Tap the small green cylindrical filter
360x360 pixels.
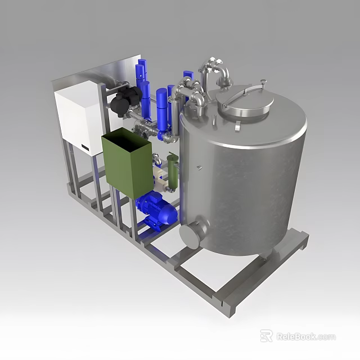(172, 171)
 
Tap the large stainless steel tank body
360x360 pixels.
(247, 180)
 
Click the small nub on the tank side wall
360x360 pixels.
(198, 167)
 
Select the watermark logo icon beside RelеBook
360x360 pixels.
(266, 336)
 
